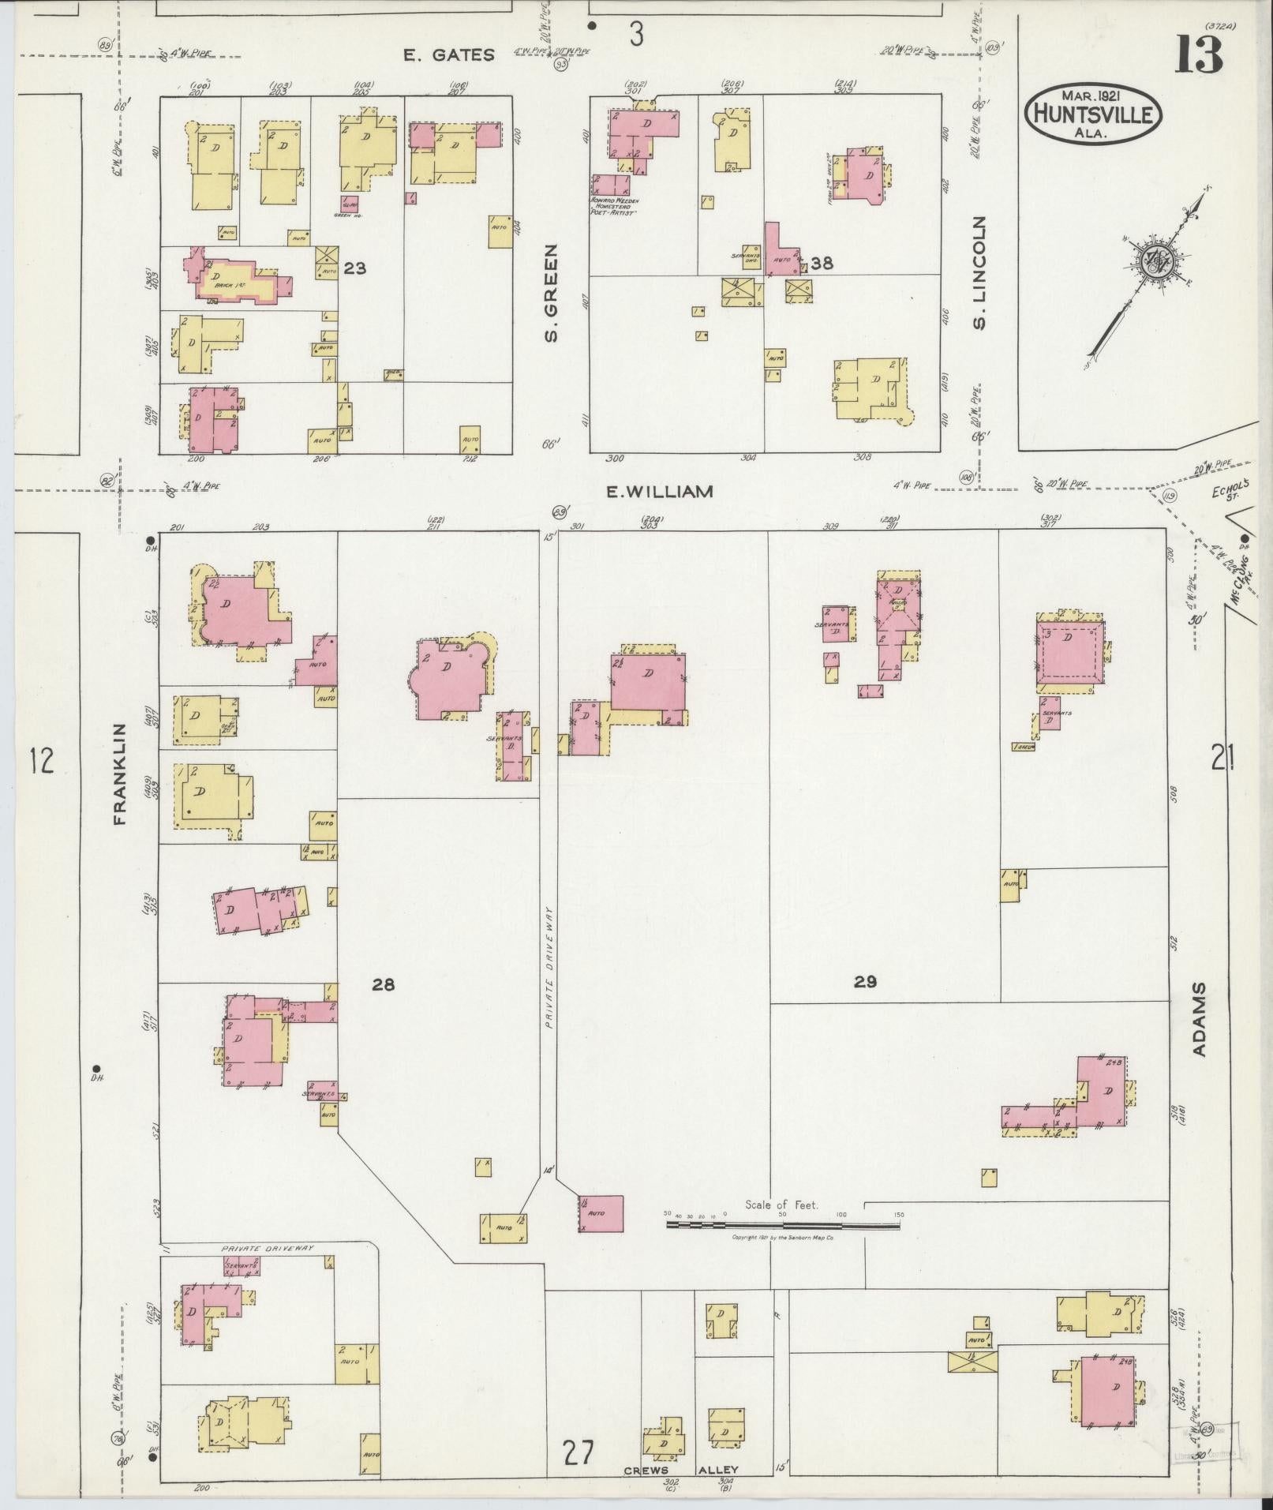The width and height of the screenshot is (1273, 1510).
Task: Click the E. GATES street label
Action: coord(448,54)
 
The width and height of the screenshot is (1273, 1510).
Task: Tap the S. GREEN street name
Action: coord(551,293)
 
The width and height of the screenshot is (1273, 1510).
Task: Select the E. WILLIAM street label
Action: coord(660,492)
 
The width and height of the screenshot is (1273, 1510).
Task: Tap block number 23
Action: coord(354,268)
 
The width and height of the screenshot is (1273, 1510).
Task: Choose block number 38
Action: coord(822,263)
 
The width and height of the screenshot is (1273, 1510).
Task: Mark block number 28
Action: coord(384,984)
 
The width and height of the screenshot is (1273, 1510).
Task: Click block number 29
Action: coord(865,982)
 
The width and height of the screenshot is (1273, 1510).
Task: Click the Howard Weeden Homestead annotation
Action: coord(613,208)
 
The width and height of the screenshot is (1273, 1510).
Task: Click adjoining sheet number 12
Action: coord(41,762)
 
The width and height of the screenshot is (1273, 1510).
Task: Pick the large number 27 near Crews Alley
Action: coord(578,1452)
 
